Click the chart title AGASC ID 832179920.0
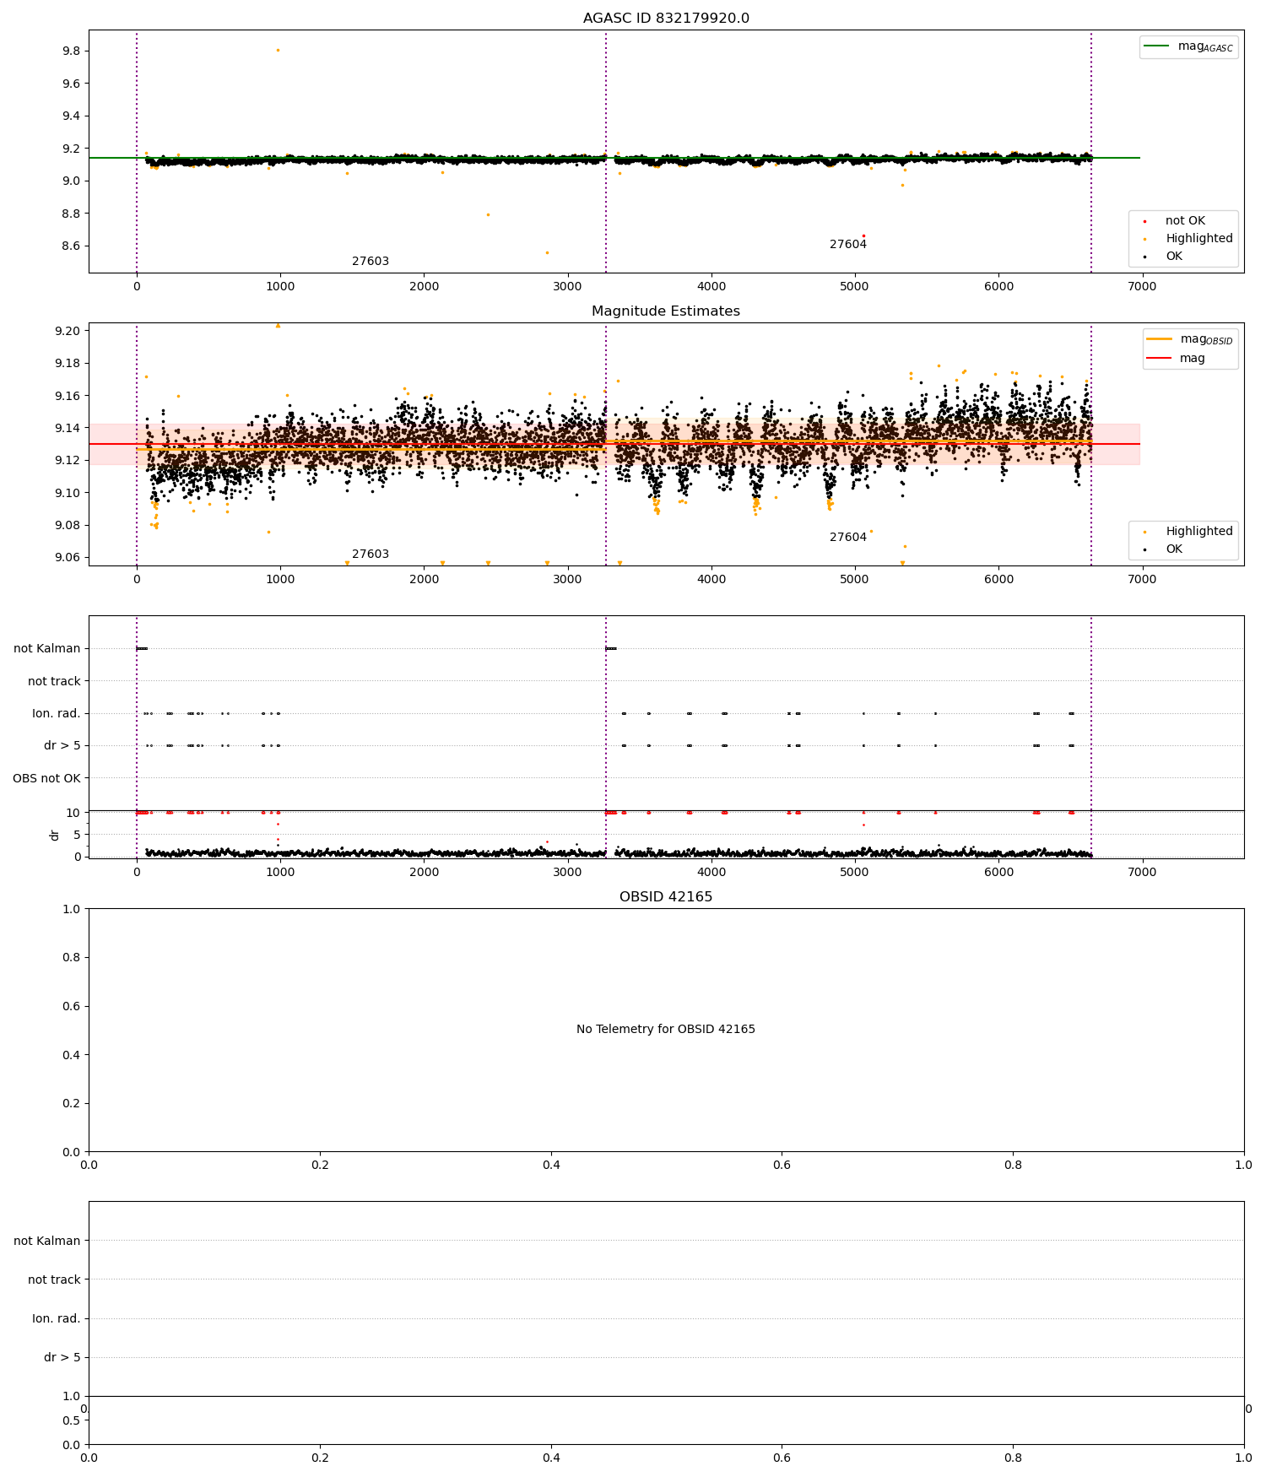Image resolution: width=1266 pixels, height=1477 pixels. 666,19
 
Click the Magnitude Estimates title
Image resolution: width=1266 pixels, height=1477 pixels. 666,311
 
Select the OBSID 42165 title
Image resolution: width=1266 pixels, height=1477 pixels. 666,897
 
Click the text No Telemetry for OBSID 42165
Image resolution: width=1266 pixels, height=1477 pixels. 666,1030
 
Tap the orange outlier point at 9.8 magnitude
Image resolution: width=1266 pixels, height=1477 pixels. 278,51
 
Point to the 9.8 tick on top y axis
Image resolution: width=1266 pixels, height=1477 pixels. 71,51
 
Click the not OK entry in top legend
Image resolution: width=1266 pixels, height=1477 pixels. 1185,221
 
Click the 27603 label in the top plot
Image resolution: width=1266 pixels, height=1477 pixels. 371,262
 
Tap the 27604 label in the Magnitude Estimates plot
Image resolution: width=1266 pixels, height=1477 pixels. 848,538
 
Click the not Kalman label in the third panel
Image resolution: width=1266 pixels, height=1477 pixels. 47,649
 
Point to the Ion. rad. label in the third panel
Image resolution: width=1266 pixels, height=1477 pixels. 57,714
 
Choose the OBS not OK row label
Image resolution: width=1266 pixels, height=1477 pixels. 47,778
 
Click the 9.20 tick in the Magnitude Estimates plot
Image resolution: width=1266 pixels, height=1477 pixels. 68,331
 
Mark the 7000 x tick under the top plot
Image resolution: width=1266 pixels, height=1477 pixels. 1142,286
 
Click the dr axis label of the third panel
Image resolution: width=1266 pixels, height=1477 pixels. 55,835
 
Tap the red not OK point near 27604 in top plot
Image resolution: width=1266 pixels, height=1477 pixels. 863,235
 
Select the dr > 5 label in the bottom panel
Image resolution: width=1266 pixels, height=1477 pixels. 62,1358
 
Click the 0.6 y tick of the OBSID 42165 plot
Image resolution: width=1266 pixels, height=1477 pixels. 73,1006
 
